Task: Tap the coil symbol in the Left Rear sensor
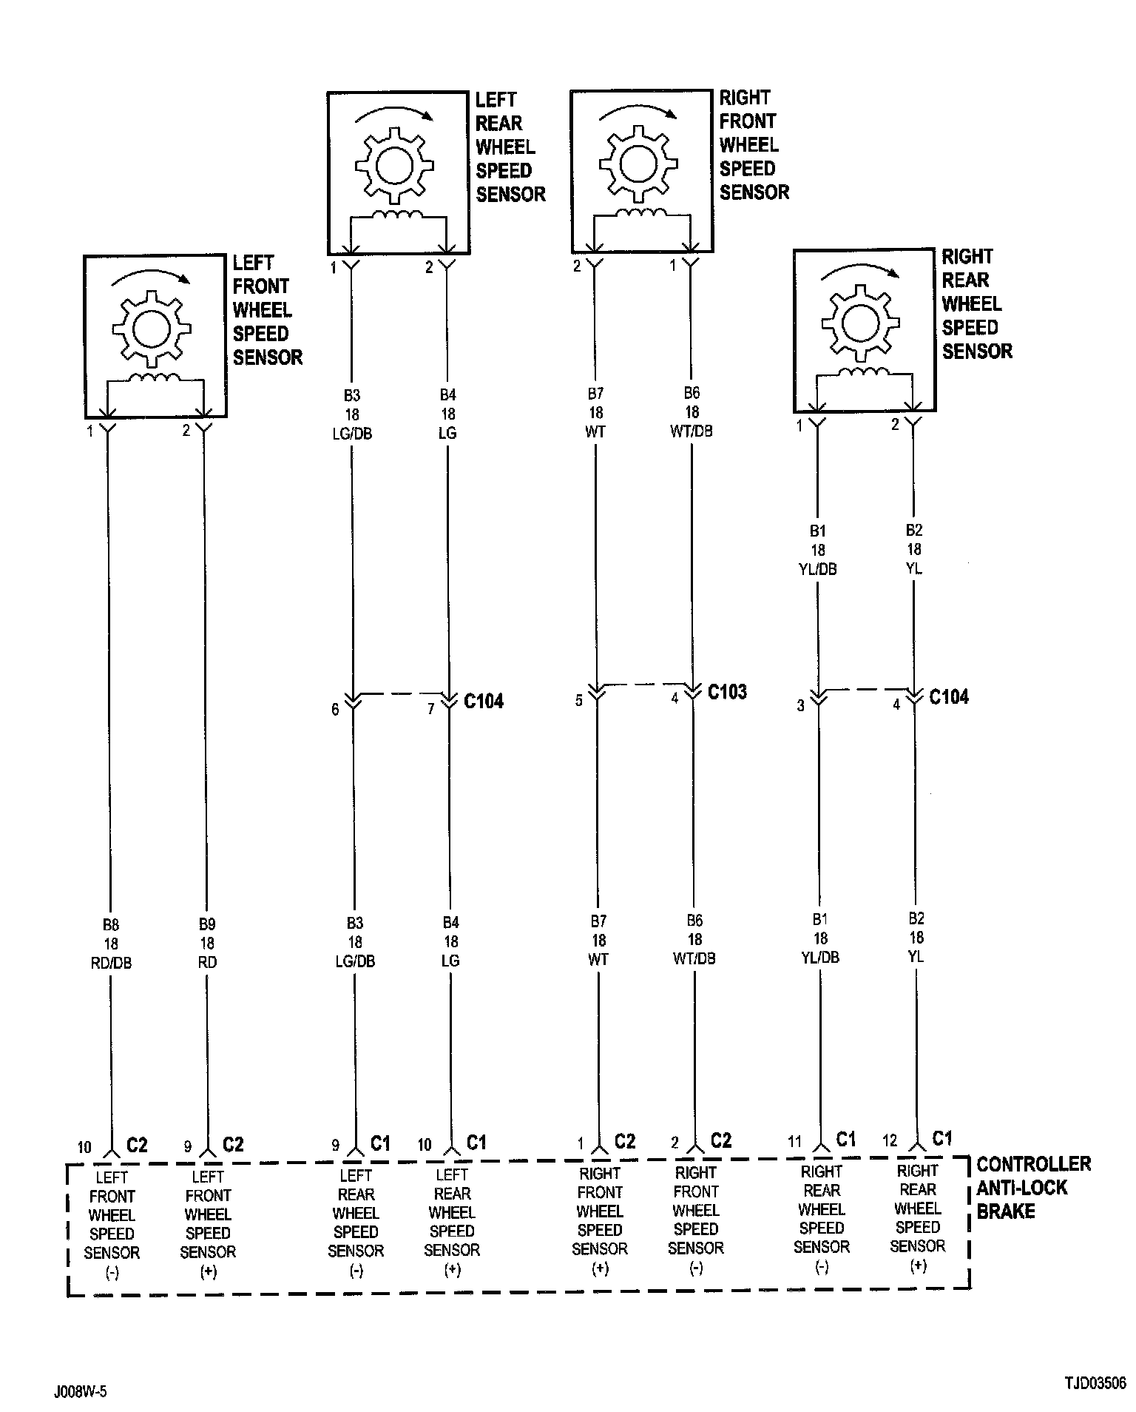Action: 397,215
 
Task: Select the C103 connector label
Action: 727,692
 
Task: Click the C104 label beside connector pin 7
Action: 484,701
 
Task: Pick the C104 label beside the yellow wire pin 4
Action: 949,697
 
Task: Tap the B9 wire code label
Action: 207,924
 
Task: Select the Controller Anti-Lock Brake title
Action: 1032,1188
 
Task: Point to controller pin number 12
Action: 891,1140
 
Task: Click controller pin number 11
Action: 794,1142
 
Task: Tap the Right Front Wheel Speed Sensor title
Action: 754,145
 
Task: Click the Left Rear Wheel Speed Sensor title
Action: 510,147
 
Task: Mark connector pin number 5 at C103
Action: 579,699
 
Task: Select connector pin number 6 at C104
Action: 335,710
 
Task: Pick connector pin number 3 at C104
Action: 800,706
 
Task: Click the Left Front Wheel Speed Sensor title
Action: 267,310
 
